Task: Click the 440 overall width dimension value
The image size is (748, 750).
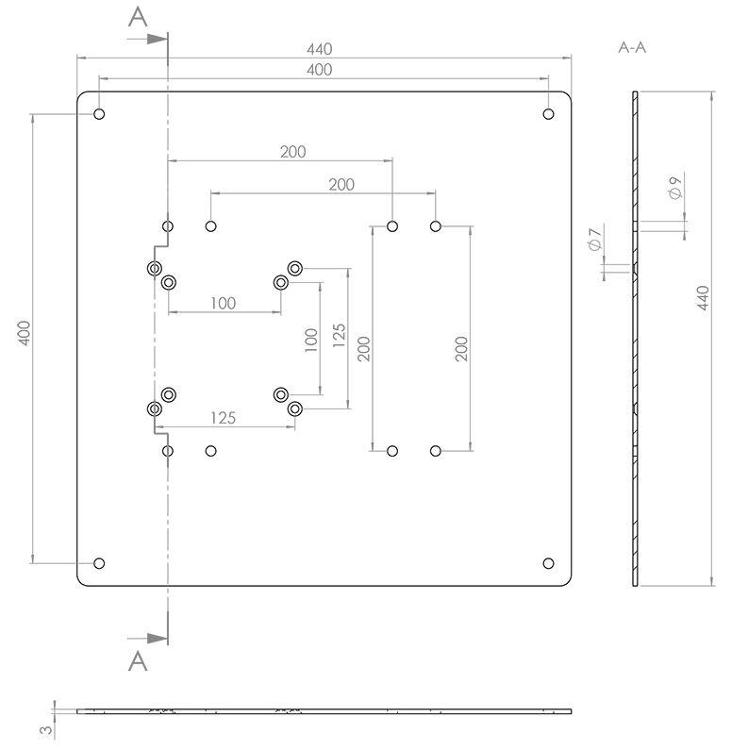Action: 320,49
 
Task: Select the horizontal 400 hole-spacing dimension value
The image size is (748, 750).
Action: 320,70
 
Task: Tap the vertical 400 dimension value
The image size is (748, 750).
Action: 25,334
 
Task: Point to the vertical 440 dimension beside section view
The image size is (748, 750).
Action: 703,298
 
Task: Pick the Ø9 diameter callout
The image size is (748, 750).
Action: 674,187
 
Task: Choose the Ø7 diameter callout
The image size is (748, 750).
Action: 594,240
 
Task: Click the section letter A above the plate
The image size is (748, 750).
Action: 138,17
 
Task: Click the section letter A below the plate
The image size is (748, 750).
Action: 138,661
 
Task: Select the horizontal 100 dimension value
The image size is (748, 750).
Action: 223,303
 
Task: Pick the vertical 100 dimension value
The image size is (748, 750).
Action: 311,341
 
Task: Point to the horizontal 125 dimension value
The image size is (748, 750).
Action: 223,417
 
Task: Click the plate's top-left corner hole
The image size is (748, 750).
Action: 99,114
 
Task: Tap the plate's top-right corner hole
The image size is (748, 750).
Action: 548,114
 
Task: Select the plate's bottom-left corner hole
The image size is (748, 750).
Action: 99,563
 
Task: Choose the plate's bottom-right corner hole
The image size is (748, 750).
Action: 548,563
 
